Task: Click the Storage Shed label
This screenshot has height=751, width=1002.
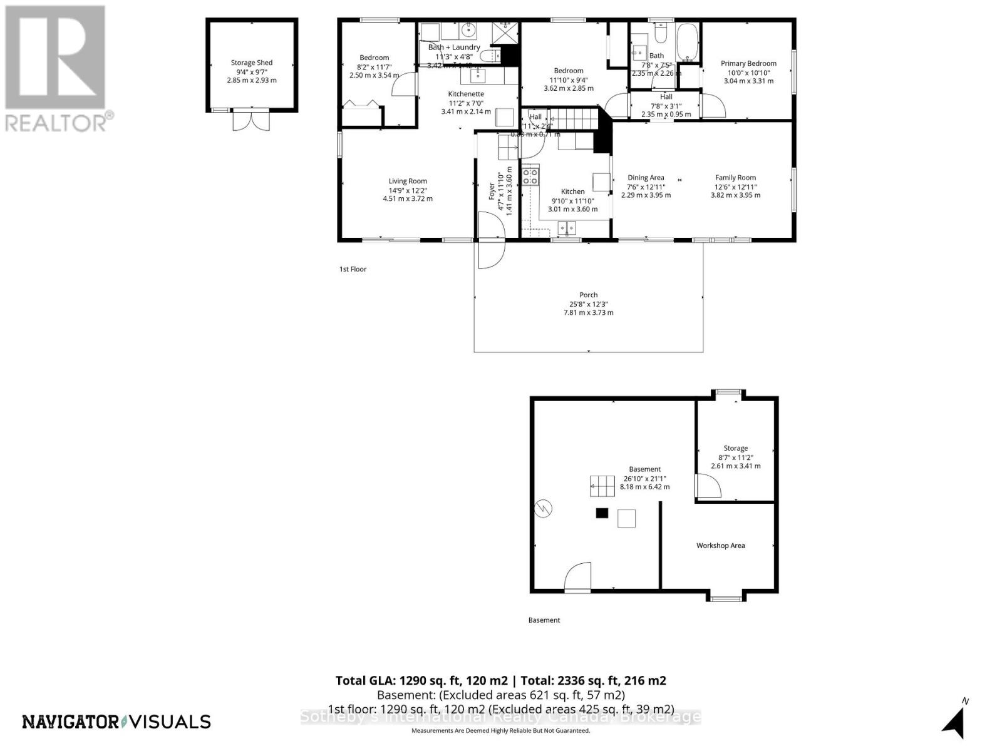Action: click(x=251, y=63)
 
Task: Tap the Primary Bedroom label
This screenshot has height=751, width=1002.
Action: click(x=748, y=63)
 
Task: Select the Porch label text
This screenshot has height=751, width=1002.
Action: click(x=588, y=295)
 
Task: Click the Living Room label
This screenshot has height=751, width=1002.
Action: click(x=408, y=181)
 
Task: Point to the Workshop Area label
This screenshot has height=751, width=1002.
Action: click(x=720, y=546)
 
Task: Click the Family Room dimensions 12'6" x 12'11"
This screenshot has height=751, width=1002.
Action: click(x=735, y=186)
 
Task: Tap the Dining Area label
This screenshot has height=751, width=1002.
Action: click(x=646, y=178)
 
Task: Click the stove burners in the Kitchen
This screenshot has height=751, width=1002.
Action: click(x=530, y=176)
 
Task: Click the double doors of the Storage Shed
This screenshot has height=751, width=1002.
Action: click(x=251, y=120)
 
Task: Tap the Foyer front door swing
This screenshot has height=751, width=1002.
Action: click(x=491, y=240)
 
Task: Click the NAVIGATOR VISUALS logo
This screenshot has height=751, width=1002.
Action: click(x=116, y=722)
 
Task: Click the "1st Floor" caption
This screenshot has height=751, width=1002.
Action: click(x=353, y=269)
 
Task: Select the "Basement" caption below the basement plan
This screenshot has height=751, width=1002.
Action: click(x=544, y=620)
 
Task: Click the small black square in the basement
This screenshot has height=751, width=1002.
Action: click(x=602, y=513)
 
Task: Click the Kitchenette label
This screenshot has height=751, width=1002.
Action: click(x=466, y=94)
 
